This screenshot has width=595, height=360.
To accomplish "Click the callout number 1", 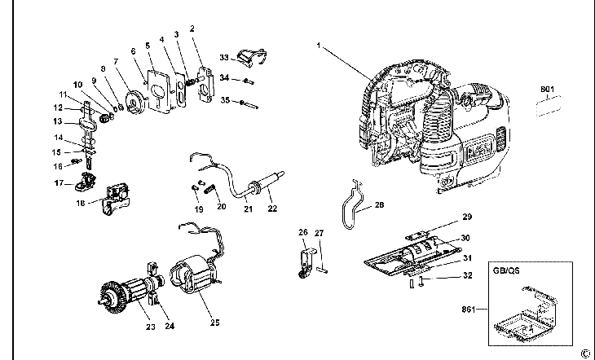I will tap(320, 46).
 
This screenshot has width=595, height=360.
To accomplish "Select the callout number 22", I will tap(272, 209).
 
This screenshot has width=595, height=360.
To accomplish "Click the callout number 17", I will tap(59, 183).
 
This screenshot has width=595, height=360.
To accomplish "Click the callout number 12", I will tap(59, 108).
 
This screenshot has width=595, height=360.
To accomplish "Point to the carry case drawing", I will tap(527, 314).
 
